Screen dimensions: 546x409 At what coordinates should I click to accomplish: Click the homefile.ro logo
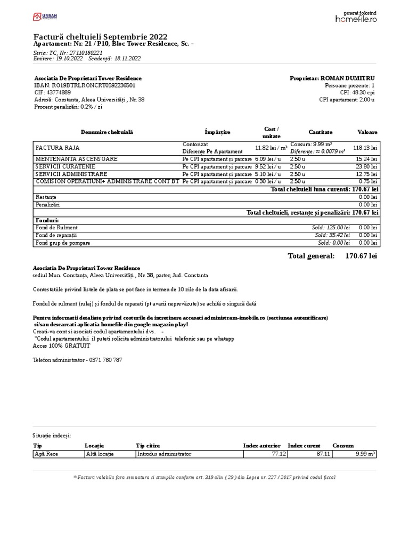click(356, 18)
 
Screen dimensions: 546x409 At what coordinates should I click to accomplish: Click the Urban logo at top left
click(45, 17)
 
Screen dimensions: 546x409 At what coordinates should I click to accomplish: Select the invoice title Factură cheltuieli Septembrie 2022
click(100, 36)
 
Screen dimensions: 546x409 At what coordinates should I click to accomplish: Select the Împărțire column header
click(217, 132)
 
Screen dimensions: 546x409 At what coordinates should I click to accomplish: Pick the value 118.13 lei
click(366, 148)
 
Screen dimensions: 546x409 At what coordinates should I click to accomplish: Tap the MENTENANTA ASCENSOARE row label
click(77, 159)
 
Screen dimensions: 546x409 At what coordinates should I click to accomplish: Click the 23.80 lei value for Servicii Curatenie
click(367, 166)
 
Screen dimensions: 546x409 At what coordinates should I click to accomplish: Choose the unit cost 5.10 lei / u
click(267, 174)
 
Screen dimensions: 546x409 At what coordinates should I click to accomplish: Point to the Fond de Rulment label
click(56, 228)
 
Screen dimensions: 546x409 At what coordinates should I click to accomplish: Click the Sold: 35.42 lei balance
click(332, 235)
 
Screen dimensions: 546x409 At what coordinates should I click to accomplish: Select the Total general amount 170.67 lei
click(361, 256)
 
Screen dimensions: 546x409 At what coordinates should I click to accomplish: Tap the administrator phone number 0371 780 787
click(104, 360)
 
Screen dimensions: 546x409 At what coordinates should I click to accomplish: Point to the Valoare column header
click(367, 132)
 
